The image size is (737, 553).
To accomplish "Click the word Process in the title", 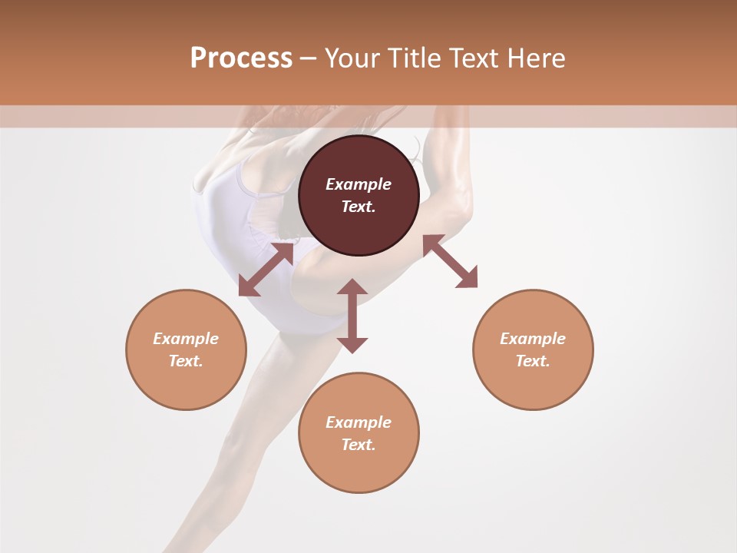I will pyautogui.click(x=241, y=58).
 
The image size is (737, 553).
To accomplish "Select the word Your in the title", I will pyautogui.click(x=353, y=58).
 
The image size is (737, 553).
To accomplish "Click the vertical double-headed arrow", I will pyautogui.click(x=352, y=316).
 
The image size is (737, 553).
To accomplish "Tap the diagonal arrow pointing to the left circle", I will pyautogui.click(x=266, y=270).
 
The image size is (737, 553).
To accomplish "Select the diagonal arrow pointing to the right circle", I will pyautogui.click(x=450, y=261).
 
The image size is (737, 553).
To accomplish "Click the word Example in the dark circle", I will pyautogui.click(x=359, y=184).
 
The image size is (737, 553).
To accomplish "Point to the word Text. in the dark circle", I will pyautogui.click(x=359, y=207).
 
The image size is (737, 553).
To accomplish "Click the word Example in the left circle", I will pyautogui.click(x=186, y=339).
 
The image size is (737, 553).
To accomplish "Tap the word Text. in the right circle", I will pyautogui.click(x=533, y=361).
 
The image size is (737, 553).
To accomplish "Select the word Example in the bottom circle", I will pyautogui.click(x=359, y=422).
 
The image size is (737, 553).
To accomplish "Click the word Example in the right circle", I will pyautogui.click(x=533, y=339).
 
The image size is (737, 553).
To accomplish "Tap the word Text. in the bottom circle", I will pyautogui.click(x=359, y=445).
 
